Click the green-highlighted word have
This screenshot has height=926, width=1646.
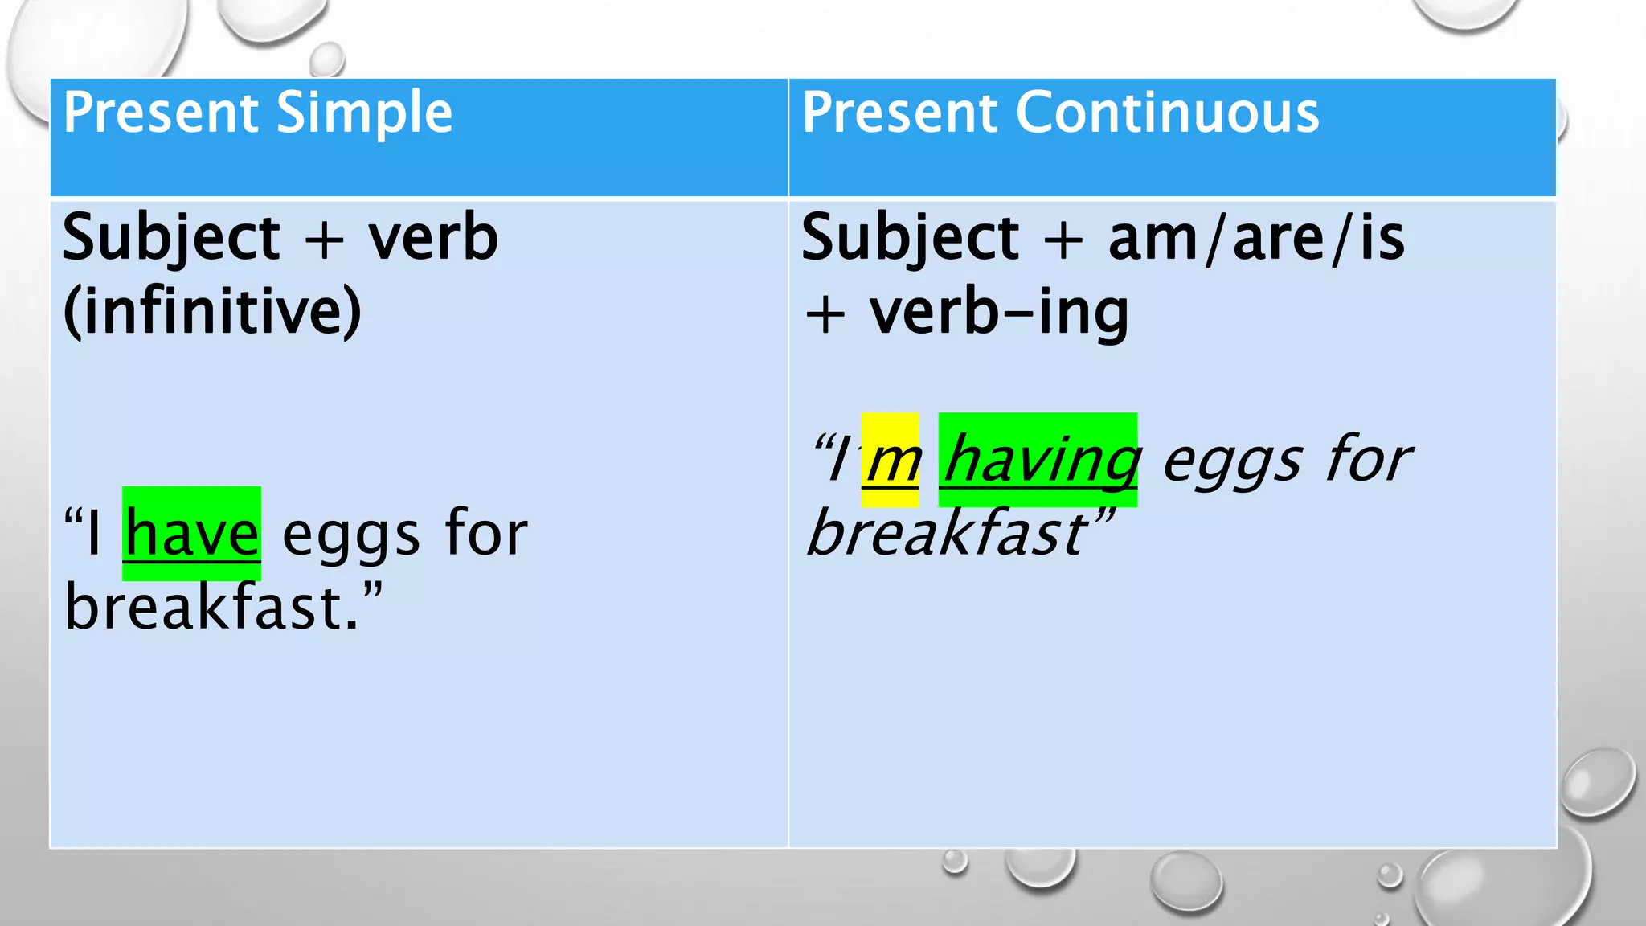click(x=191, y=534)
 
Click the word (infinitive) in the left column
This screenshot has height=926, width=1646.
click(x=212, y=312)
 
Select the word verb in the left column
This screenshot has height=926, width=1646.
click(x=433, y=238)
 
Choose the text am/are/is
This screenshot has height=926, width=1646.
click(x=1256, y=238)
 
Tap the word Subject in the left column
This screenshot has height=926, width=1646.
click(x=170, y=240)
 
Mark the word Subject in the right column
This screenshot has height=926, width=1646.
click(x=910, y=240)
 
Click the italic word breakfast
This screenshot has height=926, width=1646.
click(x=948, y=534)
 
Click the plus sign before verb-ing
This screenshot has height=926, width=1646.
click(x=825, y=313)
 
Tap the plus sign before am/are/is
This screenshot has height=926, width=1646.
click(x=1063, y=240)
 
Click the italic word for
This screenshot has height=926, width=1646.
click(x=1368, y=459)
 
